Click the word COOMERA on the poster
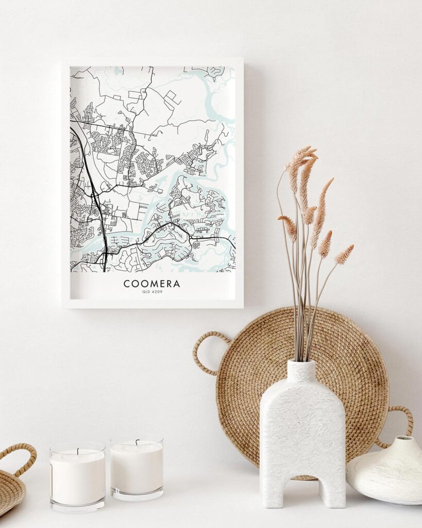[x=151, y=284]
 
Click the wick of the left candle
[x=78, y=451]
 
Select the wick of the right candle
[x=138, y=442]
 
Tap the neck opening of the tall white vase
[x=301, y=363]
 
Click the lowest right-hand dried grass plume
[x=344, y=254]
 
